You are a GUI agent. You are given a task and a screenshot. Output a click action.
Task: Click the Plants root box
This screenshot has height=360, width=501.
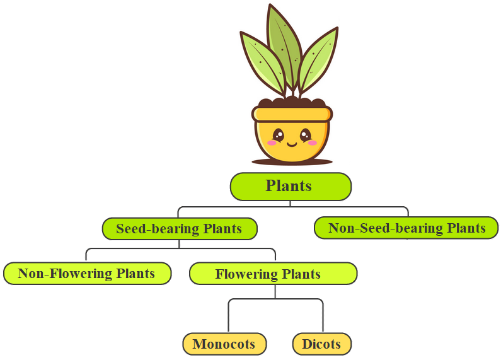pos(290,187)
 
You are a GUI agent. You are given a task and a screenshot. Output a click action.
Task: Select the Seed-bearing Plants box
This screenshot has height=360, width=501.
pos(180,229)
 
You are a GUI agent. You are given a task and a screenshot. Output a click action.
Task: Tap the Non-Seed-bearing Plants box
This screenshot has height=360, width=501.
pos(406,228)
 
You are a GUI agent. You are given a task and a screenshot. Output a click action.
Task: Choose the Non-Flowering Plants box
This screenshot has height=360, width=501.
pos(87,274)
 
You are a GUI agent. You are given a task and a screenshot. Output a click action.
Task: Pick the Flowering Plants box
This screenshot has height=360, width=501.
pos(274,274)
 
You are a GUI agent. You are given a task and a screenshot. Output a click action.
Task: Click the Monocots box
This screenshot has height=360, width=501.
pos(224,344)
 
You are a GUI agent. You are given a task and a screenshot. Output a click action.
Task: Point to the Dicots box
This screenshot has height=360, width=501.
pos(321,344)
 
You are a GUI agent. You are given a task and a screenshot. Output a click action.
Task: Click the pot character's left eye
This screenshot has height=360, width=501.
pos(278,134)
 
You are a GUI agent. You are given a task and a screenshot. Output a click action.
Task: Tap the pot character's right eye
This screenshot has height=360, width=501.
pos(306,134)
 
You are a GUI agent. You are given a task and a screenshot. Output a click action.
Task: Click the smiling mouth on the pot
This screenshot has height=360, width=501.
pos(292,143)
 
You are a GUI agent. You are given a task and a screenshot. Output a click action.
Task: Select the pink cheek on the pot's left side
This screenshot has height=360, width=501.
pos(272,143)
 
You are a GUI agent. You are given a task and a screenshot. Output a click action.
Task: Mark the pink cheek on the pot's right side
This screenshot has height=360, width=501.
pos(312,143)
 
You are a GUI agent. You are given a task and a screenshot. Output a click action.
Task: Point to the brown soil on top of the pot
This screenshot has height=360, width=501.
pos(292,103)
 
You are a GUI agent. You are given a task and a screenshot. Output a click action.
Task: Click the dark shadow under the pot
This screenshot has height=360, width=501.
pos(292,162)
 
